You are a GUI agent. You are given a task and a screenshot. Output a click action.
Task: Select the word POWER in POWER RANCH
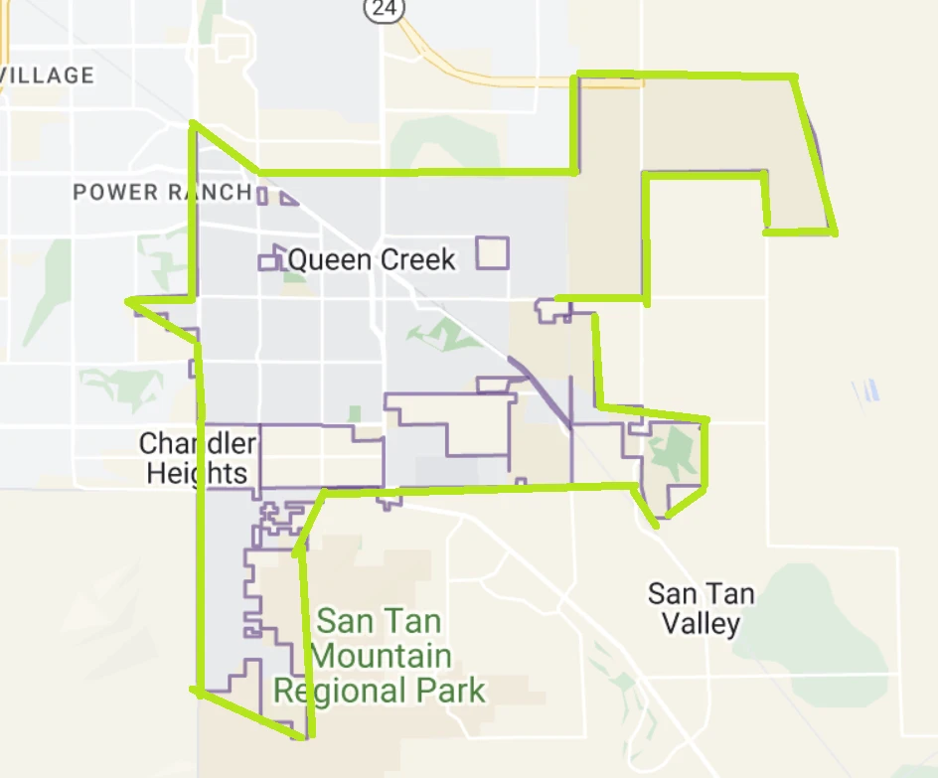pos(116,192)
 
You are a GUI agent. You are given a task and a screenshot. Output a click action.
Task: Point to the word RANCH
pos(209,192)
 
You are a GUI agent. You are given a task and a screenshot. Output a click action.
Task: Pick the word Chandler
pos(198,443)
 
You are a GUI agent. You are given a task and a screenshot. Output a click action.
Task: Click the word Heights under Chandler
pos(197,472)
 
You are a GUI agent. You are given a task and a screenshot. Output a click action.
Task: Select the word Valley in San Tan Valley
pos(701,624)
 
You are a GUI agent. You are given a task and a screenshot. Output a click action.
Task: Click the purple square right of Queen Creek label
pos(492,252)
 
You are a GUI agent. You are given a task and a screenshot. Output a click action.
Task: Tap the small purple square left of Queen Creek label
pos(267,262)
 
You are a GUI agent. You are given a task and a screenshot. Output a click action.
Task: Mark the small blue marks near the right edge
pos(866,390)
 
